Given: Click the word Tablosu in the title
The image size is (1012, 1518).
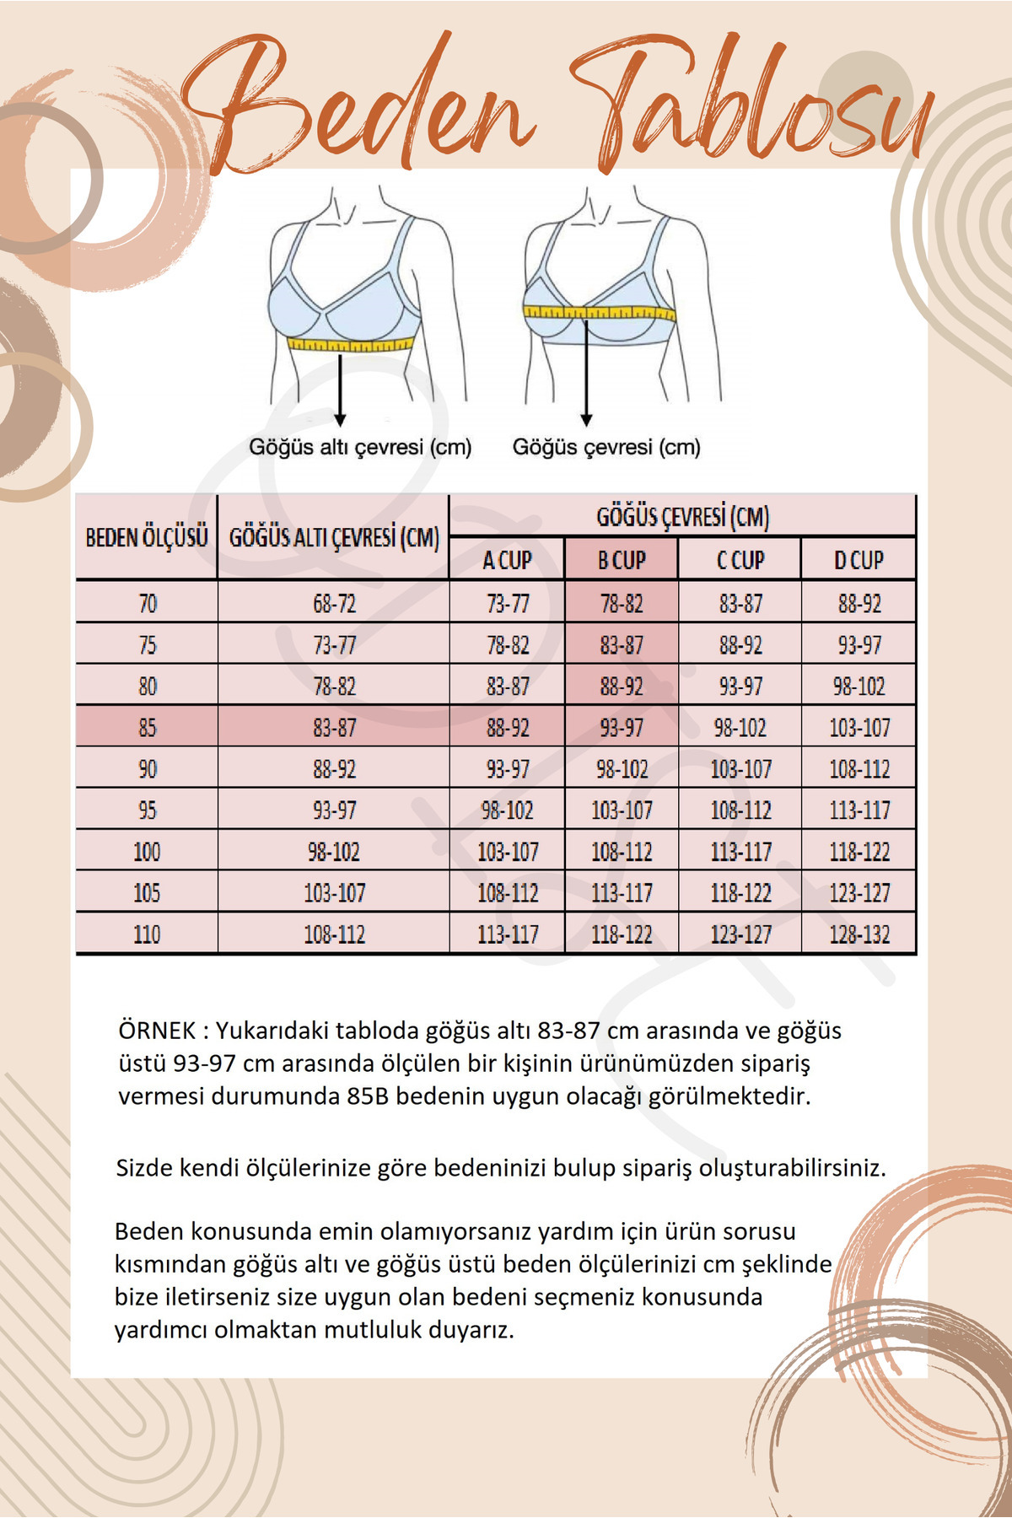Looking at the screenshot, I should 751,105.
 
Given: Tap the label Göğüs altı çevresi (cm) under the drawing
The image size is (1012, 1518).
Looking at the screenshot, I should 360,447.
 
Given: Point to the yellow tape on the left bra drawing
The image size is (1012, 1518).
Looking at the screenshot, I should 351,344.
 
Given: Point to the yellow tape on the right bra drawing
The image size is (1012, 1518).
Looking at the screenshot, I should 599,313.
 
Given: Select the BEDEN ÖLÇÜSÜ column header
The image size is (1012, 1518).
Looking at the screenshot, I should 147,537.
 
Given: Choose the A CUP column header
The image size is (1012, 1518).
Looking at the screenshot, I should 507,560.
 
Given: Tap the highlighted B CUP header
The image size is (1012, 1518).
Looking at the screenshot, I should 622,560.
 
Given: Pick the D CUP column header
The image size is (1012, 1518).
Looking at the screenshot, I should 859,560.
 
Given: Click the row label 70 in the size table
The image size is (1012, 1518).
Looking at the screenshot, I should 148,604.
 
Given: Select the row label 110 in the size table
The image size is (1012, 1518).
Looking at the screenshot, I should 147,934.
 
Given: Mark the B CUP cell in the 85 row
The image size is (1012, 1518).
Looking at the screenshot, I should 622,727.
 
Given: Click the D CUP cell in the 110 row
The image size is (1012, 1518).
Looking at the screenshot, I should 859,934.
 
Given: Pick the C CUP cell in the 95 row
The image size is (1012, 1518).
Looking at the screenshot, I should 740,810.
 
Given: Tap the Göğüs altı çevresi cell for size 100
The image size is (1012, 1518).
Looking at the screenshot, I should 334,852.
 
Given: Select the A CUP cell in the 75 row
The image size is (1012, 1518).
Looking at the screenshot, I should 508,645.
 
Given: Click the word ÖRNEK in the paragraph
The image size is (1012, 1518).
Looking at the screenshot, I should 157,1031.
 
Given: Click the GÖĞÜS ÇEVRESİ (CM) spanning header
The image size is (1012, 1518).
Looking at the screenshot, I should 682,516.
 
